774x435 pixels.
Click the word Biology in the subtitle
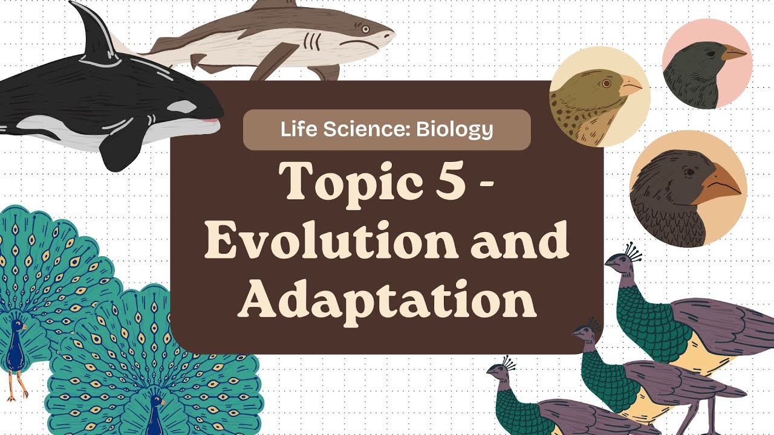click(454, 129)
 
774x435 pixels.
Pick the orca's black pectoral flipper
click(121, 145)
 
